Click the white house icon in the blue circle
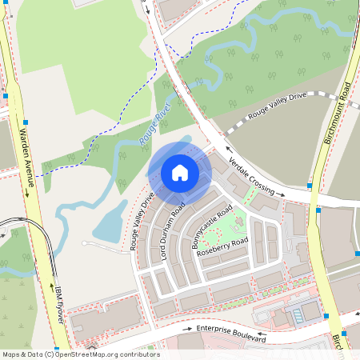pyautogui.click(x=180, y=173)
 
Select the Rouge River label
pyautogui.click(x=155, y=129)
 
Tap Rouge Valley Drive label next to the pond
pyautogui.click(x=142, y=221)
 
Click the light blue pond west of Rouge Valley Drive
pyautogui.click(x=110, y=222)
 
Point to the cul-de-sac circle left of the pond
pyautogui.click(x=83, y=243)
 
